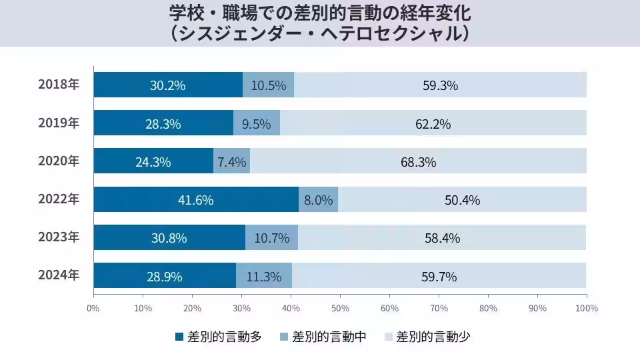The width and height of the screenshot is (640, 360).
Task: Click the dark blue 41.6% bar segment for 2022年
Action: tap(196, 199)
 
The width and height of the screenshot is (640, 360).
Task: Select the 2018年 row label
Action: tap(59, 85)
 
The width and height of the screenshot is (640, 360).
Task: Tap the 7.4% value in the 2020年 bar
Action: tap(232, 161)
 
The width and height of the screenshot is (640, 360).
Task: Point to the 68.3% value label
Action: tap(419, 161)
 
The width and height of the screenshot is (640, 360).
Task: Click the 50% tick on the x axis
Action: tap(340, 308)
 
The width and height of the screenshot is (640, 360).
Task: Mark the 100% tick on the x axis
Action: tap(587, 308)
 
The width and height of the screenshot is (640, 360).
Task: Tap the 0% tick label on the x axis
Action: tap(93, 308)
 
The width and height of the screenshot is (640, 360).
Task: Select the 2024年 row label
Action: tap(59, 275)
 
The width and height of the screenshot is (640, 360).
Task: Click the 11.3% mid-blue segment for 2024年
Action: tap(264, 275)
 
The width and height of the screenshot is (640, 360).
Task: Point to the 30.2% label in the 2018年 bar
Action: tap(168, 85)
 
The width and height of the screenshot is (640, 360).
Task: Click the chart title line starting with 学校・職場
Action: tap(320, 13)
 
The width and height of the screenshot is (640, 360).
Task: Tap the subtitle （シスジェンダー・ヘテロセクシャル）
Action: tap(320, 33)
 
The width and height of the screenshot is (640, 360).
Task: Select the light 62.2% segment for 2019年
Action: tap(433, 123)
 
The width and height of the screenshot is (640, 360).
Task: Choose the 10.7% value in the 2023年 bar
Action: tap(271, 237)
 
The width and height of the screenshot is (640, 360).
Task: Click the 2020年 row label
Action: tap(59, 161)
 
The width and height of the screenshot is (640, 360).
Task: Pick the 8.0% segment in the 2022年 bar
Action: tap(318, 199)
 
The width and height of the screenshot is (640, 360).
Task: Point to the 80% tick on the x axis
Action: tap(488, 308)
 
